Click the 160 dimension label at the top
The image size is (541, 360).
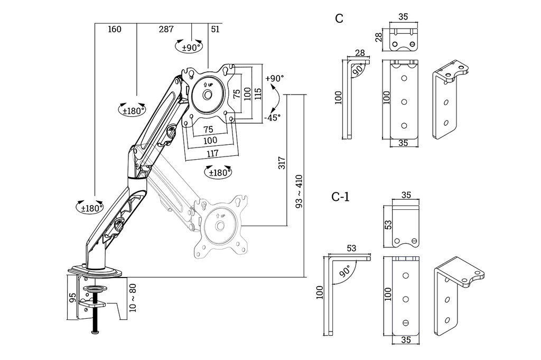115,30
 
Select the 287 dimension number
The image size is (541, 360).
166,30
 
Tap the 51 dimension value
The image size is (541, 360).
215,30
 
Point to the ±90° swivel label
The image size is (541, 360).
192,47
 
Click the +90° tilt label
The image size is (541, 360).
275,78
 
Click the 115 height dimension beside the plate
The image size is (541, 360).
258,93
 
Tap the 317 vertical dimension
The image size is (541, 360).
282,162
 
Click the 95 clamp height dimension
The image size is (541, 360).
73,297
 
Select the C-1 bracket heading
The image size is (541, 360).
340,197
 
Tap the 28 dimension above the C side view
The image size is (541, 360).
360,53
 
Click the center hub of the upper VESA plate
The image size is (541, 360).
207,95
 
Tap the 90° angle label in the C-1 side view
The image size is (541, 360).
345,272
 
